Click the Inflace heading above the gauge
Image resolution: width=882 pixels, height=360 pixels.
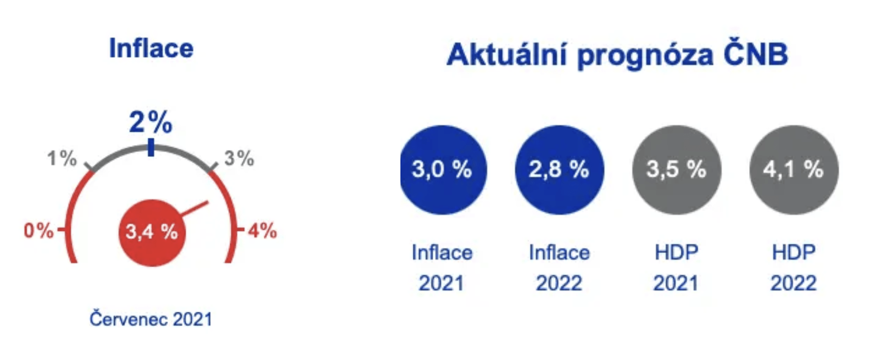click(x=151, y=48)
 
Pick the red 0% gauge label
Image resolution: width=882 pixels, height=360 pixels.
click(x=39, y=230)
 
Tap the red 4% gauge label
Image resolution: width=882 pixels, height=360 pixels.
click(x=262, y=230)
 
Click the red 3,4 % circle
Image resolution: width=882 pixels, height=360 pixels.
click(x=152, y=233)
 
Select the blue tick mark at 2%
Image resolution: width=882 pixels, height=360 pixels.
click(x=151, y=148)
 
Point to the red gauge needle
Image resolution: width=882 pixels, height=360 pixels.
click(x=194, y=208)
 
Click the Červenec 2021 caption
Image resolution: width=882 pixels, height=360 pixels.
click(x=151, y=319)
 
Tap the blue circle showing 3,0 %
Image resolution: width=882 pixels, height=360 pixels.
click(x=443, y=170)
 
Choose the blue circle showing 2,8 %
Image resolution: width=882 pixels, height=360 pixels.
click(x=559, y=170)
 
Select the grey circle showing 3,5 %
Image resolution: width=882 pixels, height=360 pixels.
click(x=677, y=170)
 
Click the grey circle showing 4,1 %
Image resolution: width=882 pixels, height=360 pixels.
click(x=794, y=170)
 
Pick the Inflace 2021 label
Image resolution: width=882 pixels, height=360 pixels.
click(x=442, y=268)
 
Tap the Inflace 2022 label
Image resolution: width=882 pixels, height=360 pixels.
click(x=559, y=268)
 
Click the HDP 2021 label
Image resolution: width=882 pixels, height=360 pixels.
click(x=676, y=268)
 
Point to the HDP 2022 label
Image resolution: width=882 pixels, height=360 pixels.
click(x=794, y=268)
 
